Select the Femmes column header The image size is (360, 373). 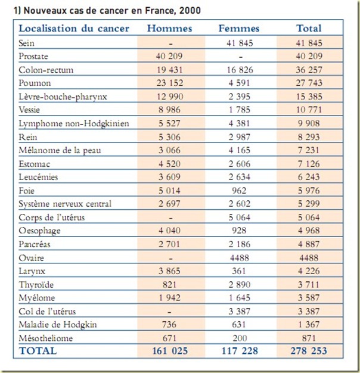point(239,29)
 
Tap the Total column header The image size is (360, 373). point(309,29)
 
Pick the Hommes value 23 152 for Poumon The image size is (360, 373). point(171,83)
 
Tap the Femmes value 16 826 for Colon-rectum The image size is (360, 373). point(239,70)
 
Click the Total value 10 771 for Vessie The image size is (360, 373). point(309,110)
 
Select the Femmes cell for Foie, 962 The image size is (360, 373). point(239,191)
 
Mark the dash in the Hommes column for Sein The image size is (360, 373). point(171,43)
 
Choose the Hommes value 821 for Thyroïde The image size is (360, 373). point(171,284)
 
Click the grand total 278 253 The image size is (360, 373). point(309,351)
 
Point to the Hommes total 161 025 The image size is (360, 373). point(171,351)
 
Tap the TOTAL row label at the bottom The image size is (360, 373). point(38,351)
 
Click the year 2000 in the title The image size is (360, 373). point(189,10)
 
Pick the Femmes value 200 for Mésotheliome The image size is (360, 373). point(239,337)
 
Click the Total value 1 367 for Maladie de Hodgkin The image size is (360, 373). point(309,324)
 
